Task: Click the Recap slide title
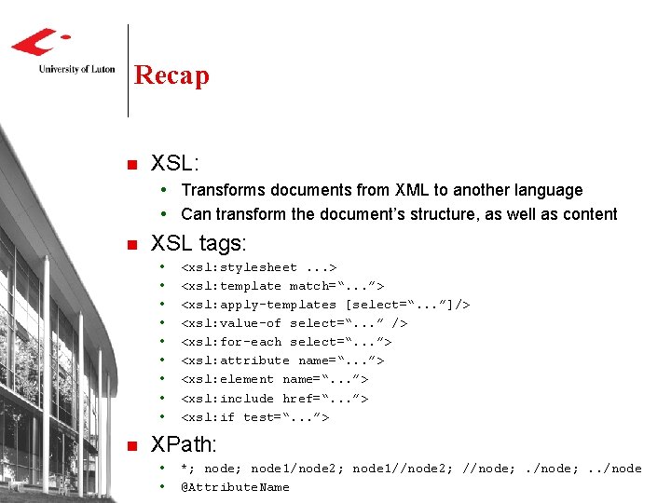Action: point(171,75)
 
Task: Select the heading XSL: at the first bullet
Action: point(175,163)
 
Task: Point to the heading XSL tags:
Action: point(199,244)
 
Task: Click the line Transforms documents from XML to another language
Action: point(381,190)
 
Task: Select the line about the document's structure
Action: point(399,214)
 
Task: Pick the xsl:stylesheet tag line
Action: point(258,267)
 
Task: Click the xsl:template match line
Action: point(282,286)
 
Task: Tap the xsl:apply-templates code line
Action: point(325,305)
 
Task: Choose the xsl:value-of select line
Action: point(294,323)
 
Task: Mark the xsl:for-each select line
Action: point(286,342)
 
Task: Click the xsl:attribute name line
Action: point(282,360)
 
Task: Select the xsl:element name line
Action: point(275,379)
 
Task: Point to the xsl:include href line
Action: point(275,398)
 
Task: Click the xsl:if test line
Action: point(254,416)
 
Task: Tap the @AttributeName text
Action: point(235,486)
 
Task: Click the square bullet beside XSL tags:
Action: point(130,246)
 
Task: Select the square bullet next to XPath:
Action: point(130,445)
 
